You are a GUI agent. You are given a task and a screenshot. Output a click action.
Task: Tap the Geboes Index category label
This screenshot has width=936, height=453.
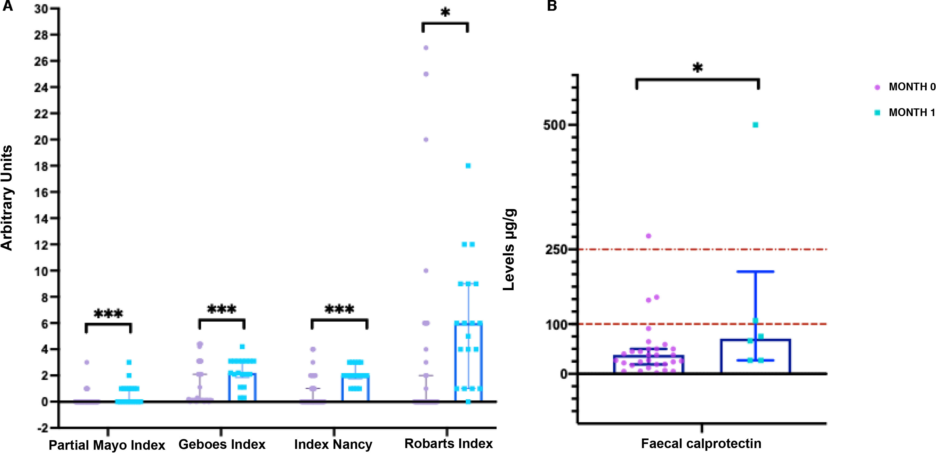coord(222,444)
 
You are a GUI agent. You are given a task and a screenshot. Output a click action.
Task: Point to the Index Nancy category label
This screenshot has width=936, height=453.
coord(333,444)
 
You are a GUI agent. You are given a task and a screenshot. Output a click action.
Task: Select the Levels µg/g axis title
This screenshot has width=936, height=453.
coord(509,250)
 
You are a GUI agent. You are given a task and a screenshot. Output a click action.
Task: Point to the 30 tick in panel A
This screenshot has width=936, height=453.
coord(41,9)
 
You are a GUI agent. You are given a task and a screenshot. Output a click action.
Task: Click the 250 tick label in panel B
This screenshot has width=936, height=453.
coord(556,250)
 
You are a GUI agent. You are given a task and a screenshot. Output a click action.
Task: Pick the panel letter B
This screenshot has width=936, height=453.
coord(552,6)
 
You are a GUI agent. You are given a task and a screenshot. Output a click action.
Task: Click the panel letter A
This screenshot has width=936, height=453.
coord(8,6)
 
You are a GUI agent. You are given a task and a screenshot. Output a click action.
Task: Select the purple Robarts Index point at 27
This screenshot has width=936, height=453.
coord(426,48)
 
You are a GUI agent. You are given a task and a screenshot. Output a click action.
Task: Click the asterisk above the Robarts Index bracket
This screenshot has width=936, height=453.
coord(445,13)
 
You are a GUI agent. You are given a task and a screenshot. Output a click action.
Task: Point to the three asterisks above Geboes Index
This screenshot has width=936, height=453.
coord(222,310)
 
